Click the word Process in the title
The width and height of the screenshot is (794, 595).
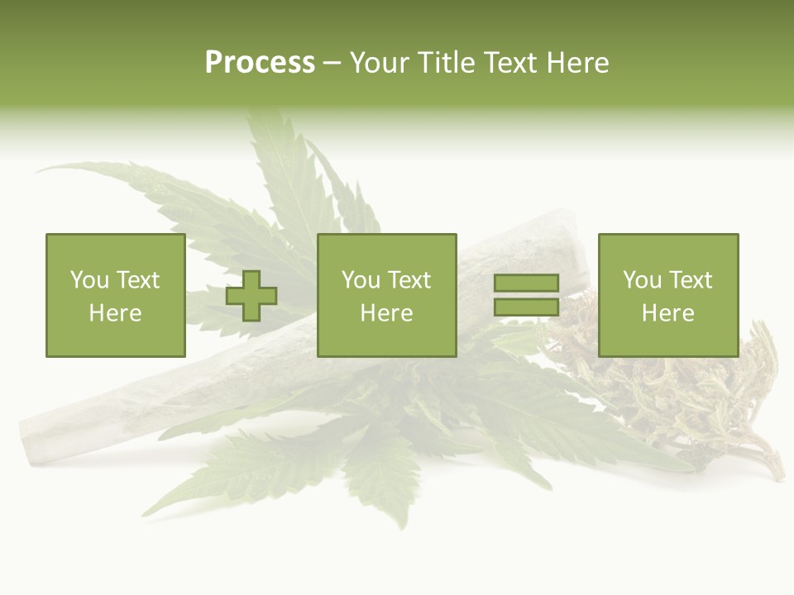(260, 63)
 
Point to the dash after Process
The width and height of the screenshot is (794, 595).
(332, 64)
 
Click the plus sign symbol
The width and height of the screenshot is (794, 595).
(251, 295)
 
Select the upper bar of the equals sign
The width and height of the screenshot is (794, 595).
(526, 283)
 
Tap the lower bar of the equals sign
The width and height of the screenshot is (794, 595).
(526, 307)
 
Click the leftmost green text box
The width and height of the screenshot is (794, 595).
(115, 295)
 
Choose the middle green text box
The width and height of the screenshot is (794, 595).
(386, 295)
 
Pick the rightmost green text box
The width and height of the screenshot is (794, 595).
(667, 295)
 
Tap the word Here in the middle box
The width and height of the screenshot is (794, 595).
(386, 313)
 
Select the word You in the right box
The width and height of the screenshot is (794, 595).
(642, 280)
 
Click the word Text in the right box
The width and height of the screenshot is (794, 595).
(690, 280)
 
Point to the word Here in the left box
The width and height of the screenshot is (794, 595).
(115, 313)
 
